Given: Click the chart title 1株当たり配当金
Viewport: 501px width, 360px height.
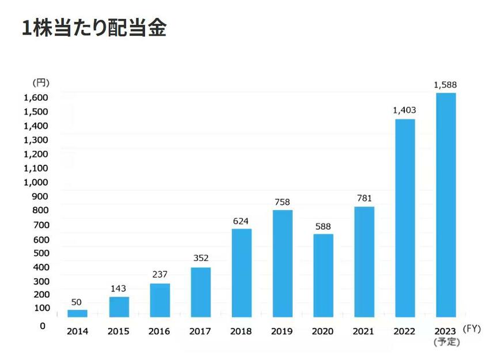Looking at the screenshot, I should click(94, 28).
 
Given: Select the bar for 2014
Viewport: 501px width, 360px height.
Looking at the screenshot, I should click(77, 313).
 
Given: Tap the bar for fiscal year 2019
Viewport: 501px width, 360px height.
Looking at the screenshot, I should click(282, 263).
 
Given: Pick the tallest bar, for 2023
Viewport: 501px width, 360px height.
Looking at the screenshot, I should click(446, 204).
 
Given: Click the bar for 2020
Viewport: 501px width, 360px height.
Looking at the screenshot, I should click(323, 275).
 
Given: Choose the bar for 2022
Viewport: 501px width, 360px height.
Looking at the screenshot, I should click(405, 218).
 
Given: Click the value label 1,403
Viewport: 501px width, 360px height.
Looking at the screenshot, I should click(404, 110).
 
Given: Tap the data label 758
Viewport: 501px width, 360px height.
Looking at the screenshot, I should click(282, 202).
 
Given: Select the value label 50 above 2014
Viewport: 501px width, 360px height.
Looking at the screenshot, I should click(77, 302).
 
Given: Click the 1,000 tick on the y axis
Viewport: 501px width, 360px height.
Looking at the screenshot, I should click(35, 183).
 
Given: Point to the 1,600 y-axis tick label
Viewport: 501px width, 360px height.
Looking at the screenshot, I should click(35, 97).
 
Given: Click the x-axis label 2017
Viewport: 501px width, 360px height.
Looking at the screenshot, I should click(200, 332).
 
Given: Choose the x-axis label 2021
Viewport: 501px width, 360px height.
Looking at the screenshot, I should click(363, 332).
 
